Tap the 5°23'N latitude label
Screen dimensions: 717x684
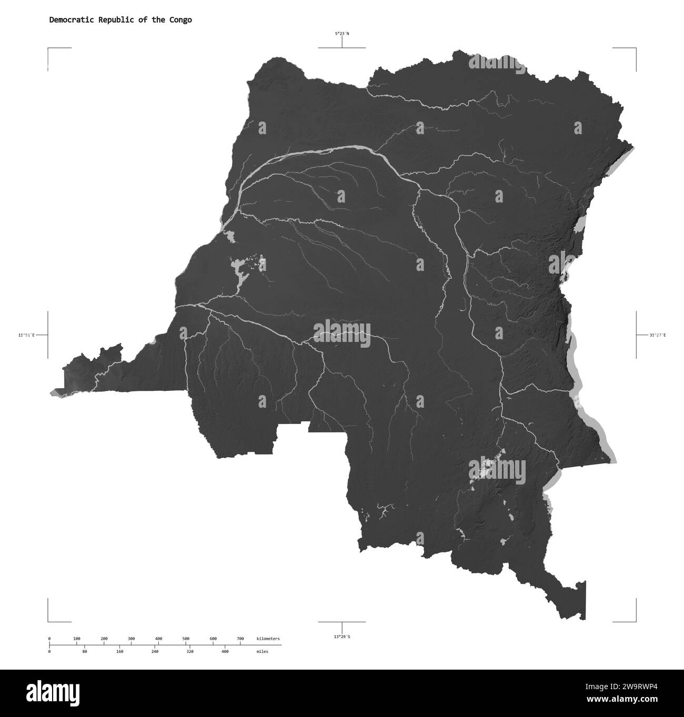point(342,34)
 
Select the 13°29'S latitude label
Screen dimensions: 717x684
point(342,637)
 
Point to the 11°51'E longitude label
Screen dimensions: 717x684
point(26,335)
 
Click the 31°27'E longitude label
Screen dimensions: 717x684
point(657,335)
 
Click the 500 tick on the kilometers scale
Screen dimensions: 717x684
point(186,639)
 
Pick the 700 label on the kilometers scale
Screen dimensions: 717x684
point(240,639)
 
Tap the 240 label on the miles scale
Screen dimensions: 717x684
point(155,651)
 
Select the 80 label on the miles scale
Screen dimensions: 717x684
point(85,651)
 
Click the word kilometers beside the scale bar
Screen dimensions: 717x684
point(268,639)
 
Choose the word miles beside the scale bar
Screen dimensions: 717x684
point(262,651)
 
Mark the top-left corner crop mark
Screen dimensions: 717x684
point(49,48)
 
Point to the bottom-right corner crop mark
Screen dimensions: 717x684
point(635,621)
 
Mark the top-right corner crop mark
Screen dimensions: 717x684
point(635,48)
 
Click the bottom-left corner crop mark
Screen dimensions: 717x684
point(49,621)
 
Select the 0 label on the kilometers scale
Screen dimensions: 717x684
point(49,639)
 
